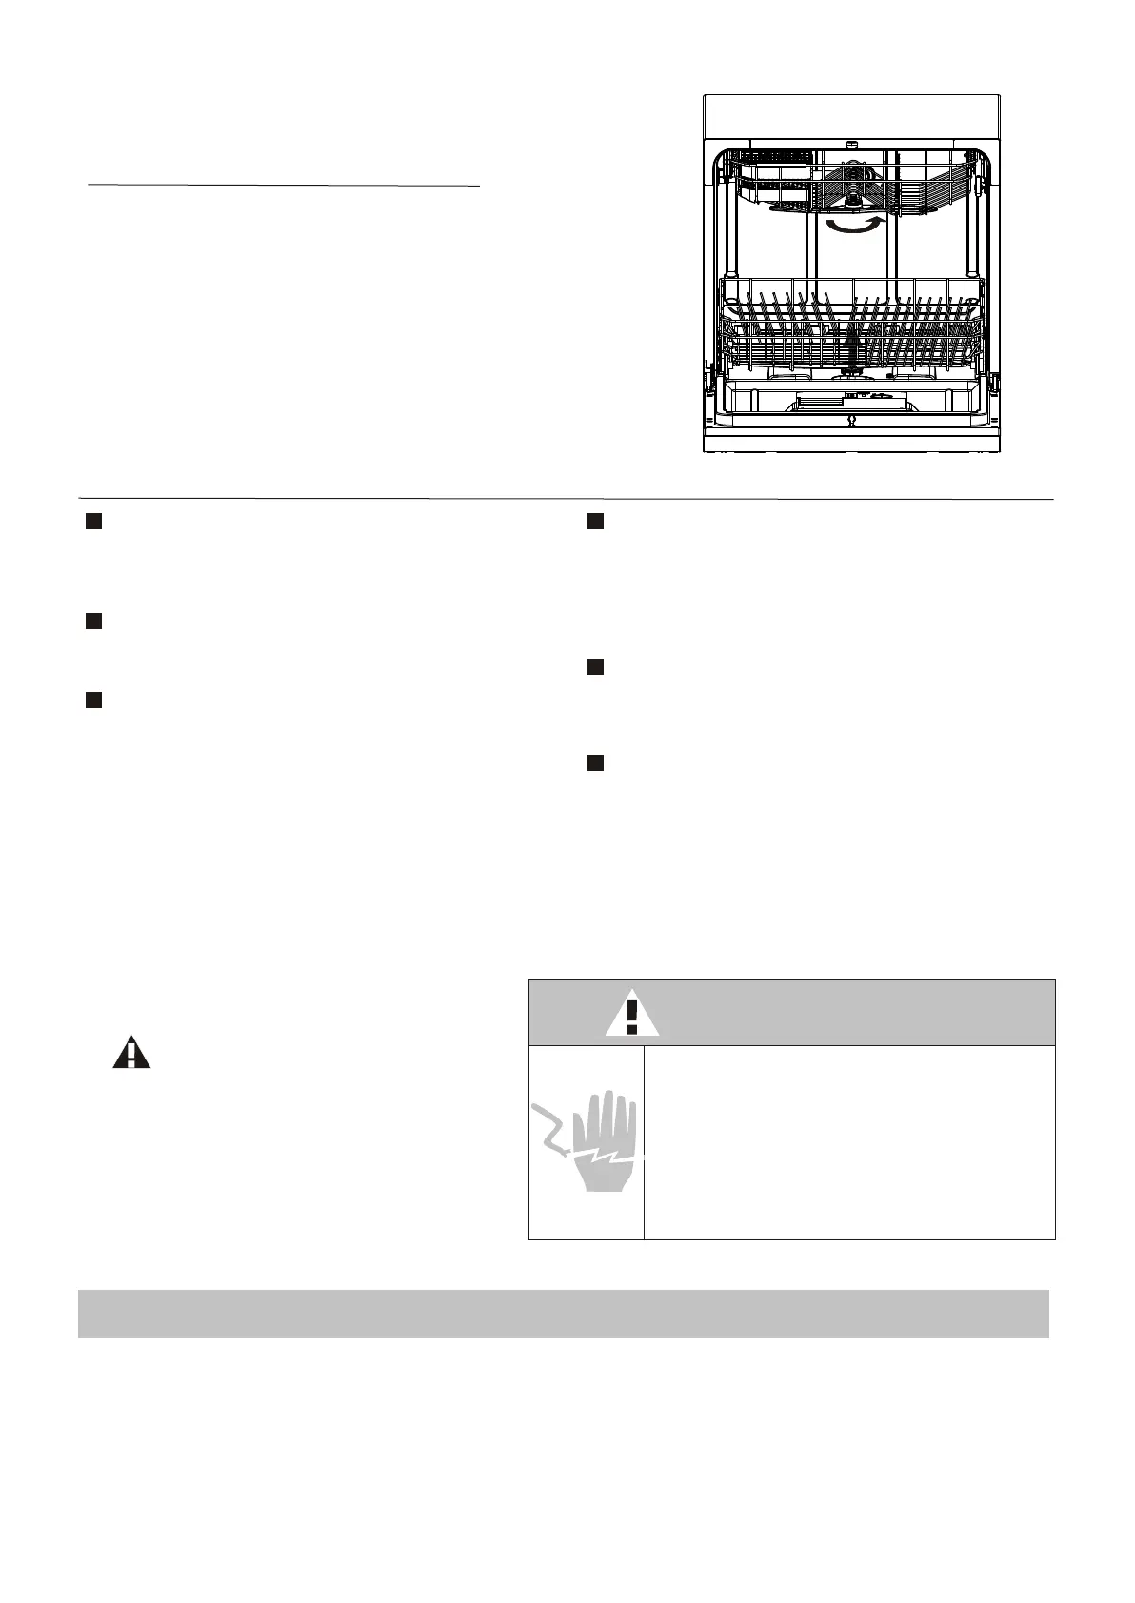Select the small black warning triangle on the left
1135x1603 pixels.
(x=131, y=1055)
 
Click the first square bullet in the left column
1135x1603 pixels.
(x=93, y=522)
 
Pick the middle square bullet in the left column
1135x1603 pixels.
(x=93, y=622)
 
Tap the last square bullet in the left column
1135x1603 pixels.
(x=93, y=701)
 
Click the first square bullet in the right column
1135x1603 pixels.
(x=595, y=522)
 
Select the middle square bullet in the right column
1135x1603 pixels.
(x=595, y=667)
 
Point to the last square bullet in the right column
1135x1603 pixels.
(x=595, y=762)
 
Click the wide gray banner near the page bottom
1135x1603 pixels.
(x=563, y=1314)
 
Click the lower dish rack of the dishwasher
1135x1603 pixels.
(x=850, y=328)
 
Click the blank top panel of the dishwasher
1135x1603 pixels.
(x=850, y=116)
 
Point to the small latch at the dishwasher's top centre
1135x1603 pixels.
(x=850, y=146)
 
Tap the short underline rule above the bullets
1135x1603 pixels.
(x=283, y=187)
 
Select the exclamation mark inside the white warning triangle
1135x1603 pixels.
(x=631, y=1018)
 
